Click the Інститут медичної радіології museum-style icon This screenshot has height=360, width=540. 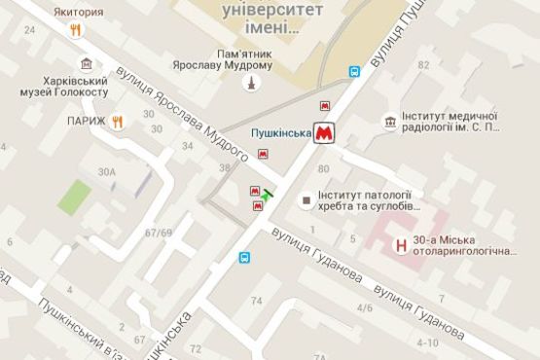click(389, 122)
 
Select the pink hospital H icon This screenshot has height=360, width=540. click(400, 247)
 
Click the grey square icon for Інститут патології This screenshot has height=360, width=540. click(306, 200)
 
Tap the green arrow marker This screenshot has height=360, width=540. click(269, 194)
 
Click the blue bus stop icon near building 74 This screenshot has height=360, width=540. click(245, 258)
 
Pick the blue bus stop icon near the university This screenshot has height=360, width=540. click(354, 71)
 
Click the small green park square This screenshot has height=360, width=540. click(71, 198)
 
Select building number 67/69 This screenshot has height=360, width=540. click(158, 233)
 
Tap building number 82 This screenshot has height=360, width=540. click(423, 64)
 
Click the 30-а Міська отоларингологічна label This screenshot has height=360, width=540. click(476, 245)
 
